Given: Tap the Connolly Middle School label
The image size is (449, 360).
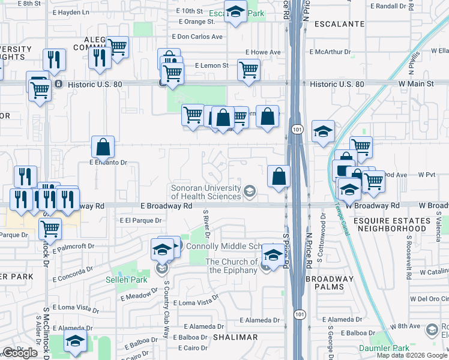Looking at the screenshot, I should (x=222, y=247).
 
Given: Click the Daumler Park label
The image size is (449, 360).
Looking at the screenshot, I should (x=384, y=348).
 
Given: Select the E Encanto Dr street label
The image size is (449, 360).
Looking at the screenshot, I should (x=109, y=162).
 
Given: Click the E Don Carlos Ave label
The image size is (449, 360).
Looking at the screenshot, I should (x=197, y=37).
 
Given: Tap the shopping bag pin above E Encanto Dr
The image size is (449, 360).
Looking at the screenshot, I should (x=103, y=146).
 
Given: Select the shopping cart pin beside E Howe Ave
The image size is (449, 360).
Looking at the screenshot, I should (x=249, y=70).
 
